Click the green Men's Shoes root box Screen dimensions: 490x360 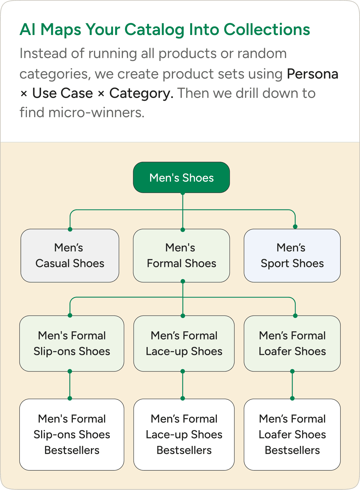point(181,177)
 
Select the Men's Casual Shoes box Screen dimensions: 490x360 point(70,256)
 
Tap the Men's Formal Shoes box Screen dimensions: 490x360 point(181,256)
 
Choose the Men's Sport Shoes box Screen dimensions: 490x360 point(292,256)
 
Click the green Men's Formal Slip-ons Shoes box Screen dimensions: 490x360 point(72,343)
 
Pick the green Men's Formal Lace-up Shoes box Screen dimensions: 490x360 point(184,343)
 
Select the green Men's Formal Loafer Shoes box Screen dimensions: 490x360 point(292,343)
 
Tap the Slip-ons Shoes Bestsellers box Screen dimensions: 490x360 point(72,434)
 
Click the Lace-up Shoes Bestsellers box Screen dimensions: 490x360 point(184,434)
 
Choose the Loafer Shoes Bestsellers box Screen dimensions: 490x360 point(292,434)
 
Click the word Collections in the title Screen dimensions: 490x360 point(267,30)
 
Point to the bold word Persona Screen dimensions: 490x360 point(313,74)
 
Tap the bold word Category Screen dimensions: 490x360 point(141,93)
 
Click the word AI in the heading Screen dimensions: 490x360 point(28,30)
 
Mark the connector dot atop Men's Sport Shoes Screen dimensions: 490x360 point(295,227)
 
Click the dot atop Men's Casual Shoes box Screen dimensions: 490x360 point(70,229)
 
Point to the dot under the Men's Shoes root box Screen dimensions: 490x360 point(183,193)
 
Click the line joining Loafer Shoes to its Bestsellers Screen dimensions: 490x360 point(292,385)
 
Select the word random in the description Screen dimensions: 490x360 point(262,54)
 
